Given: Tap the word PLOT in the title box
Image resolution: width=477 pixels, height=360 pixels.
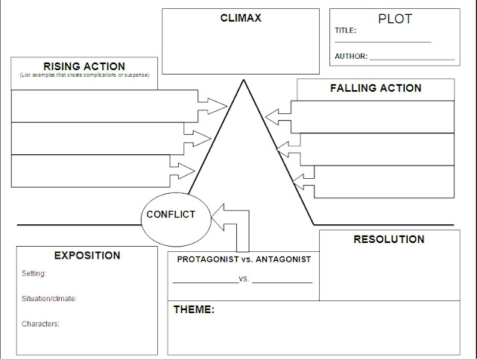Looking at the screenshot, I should [x=394, y=19].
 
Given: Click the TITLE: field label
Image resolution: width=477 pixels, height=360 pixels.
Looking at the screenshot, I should [x=345, y=31].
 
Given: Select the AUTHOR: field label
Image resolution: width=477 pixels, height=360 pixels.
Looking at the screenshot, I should [x=350, y=56].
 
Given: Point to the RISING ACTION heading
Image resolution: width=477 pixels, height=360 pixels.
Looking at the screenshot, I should [x=83, y=66].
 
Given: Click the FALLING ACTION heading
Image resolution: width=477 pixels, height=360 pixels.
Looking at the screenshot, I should [x=376, y=88].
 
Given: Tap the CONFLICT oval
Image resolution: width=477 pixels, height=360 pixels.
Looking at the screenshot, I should [x=171, y=215].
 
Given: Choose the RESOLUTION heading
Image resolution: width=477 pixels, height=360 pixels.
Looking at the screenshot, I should [x=388, y=239].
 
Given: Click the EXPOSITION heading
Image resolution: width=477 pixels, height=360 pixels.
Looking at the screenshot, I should [x=86, y=255].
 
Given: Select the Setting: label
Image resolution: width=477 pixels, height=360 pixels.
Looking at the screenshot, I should [x=34, y=274].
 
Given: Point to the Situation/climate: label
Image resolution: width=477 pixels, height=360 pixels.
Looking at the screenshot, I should [x=49, y=299].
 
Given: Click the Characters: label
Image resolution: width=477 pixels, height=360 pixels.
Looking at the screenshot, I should [x=41, y=323].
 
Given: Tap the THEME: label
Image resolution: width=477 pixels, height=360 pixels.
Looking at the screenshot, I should [x=194, y=309].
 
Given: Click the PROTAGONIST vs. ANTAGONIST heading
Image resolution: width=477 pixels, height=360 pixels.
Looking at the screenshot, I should [x=244, y=259].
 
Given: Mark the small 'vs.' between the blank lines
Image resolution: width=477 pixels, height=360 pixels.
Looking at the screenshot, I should [x=244, y=280].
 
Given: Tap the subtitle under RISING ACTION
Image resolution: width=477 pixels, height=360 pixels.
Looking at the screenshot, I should [x=83, y=76].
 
